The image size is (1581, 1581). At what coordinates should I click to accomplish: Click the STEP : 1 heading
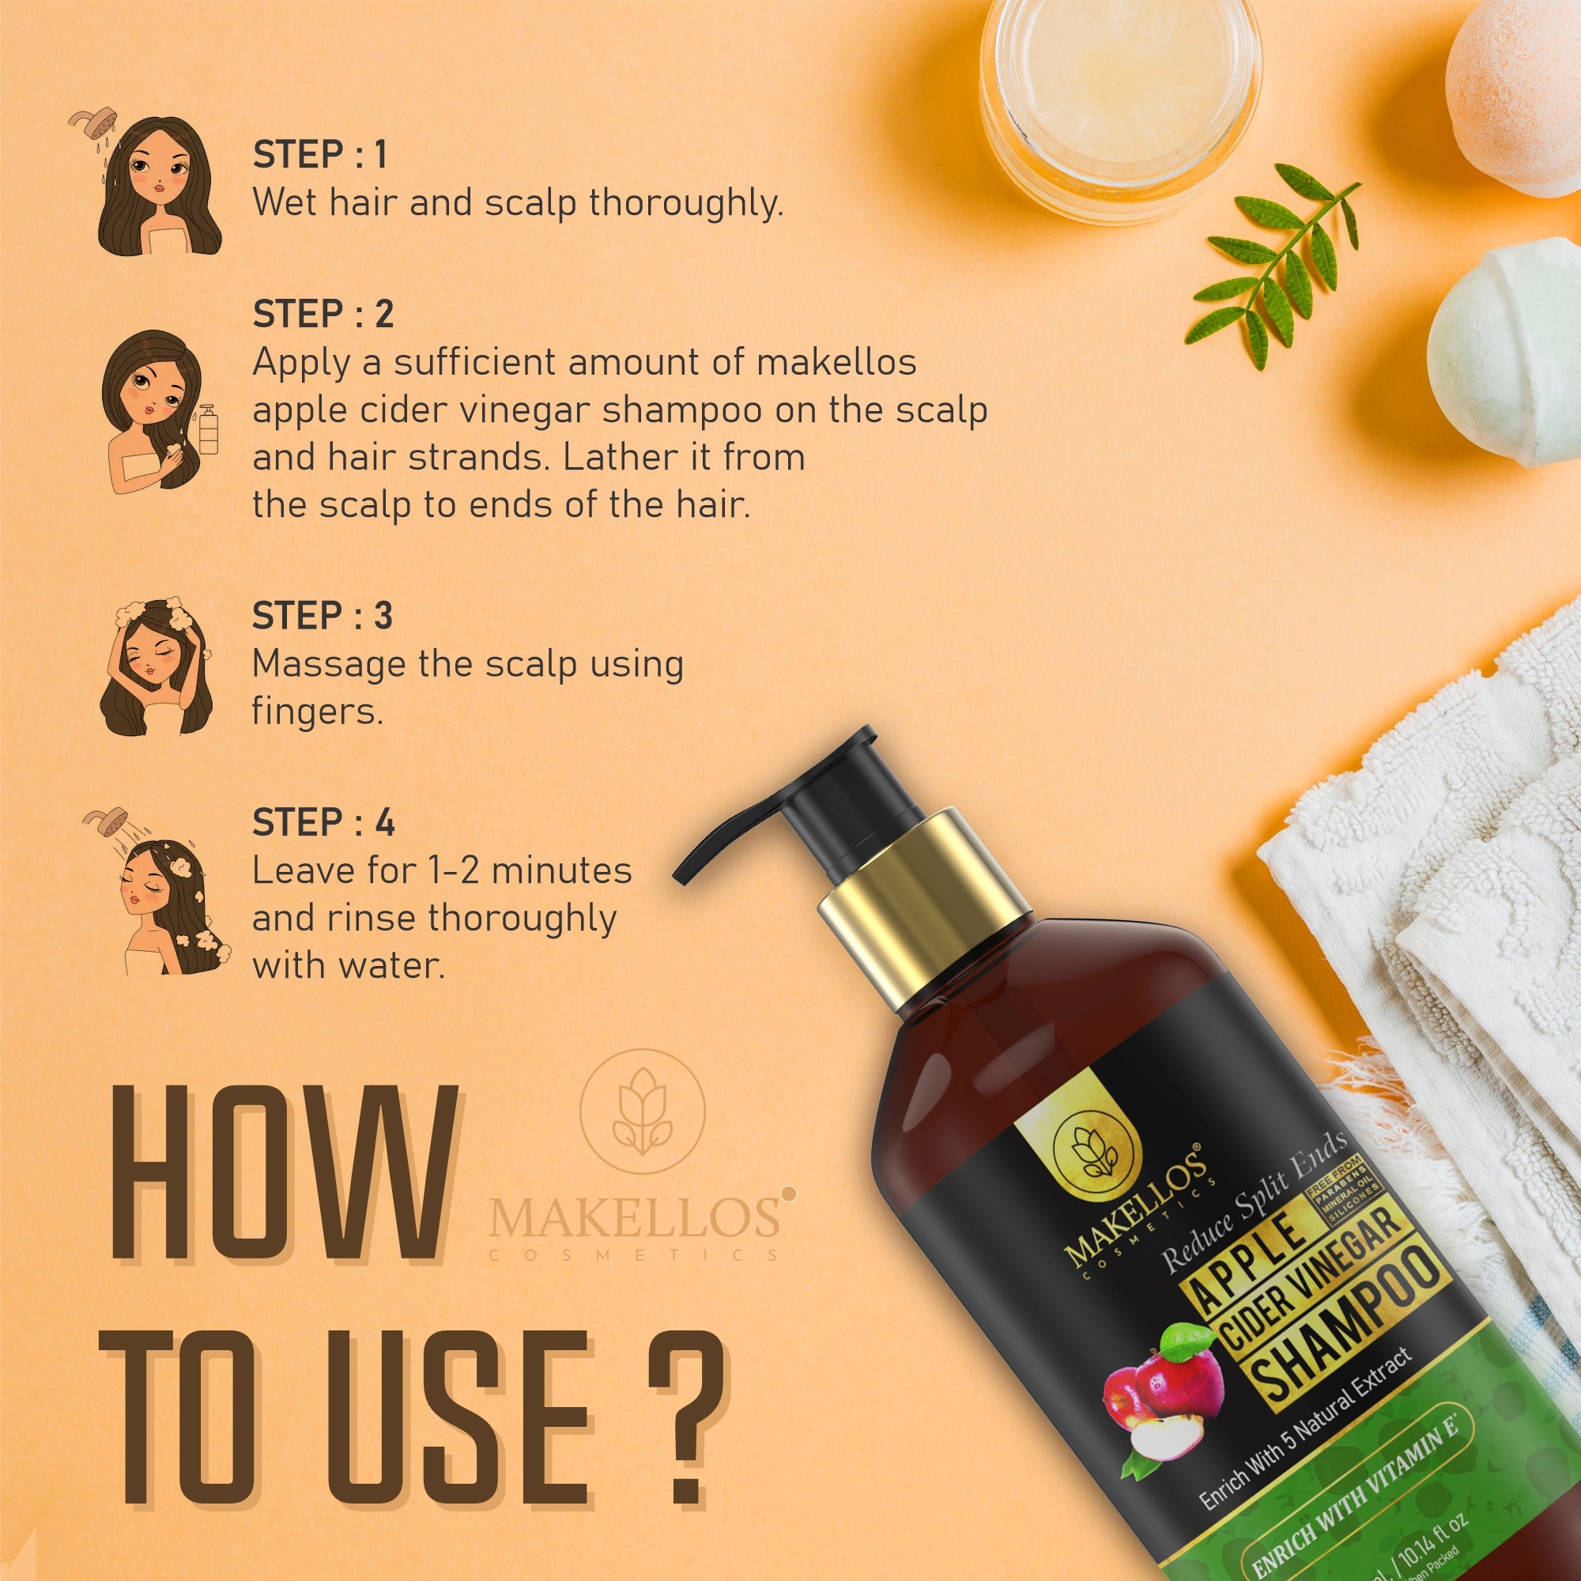(319, 155)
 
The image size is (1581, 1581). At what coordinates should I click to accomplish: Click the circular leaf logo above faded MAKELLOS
(643, 1112)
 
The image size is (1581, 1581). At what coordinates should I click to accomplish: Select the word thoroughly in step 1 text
(685, 202)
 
